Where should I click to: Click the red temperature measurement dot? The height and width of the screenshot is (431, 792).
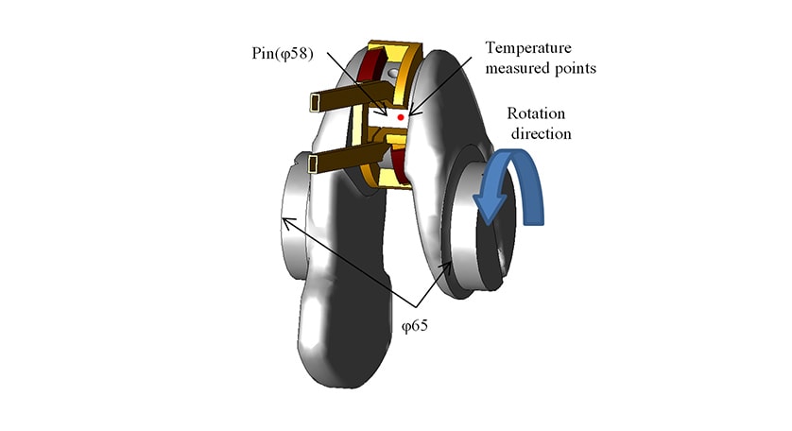coord(402,115)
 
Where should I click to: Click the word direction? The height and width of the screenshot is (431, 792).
coord(541,132)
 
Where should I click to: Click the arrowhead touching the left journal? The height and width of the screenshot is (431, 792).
coord(285,221)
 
